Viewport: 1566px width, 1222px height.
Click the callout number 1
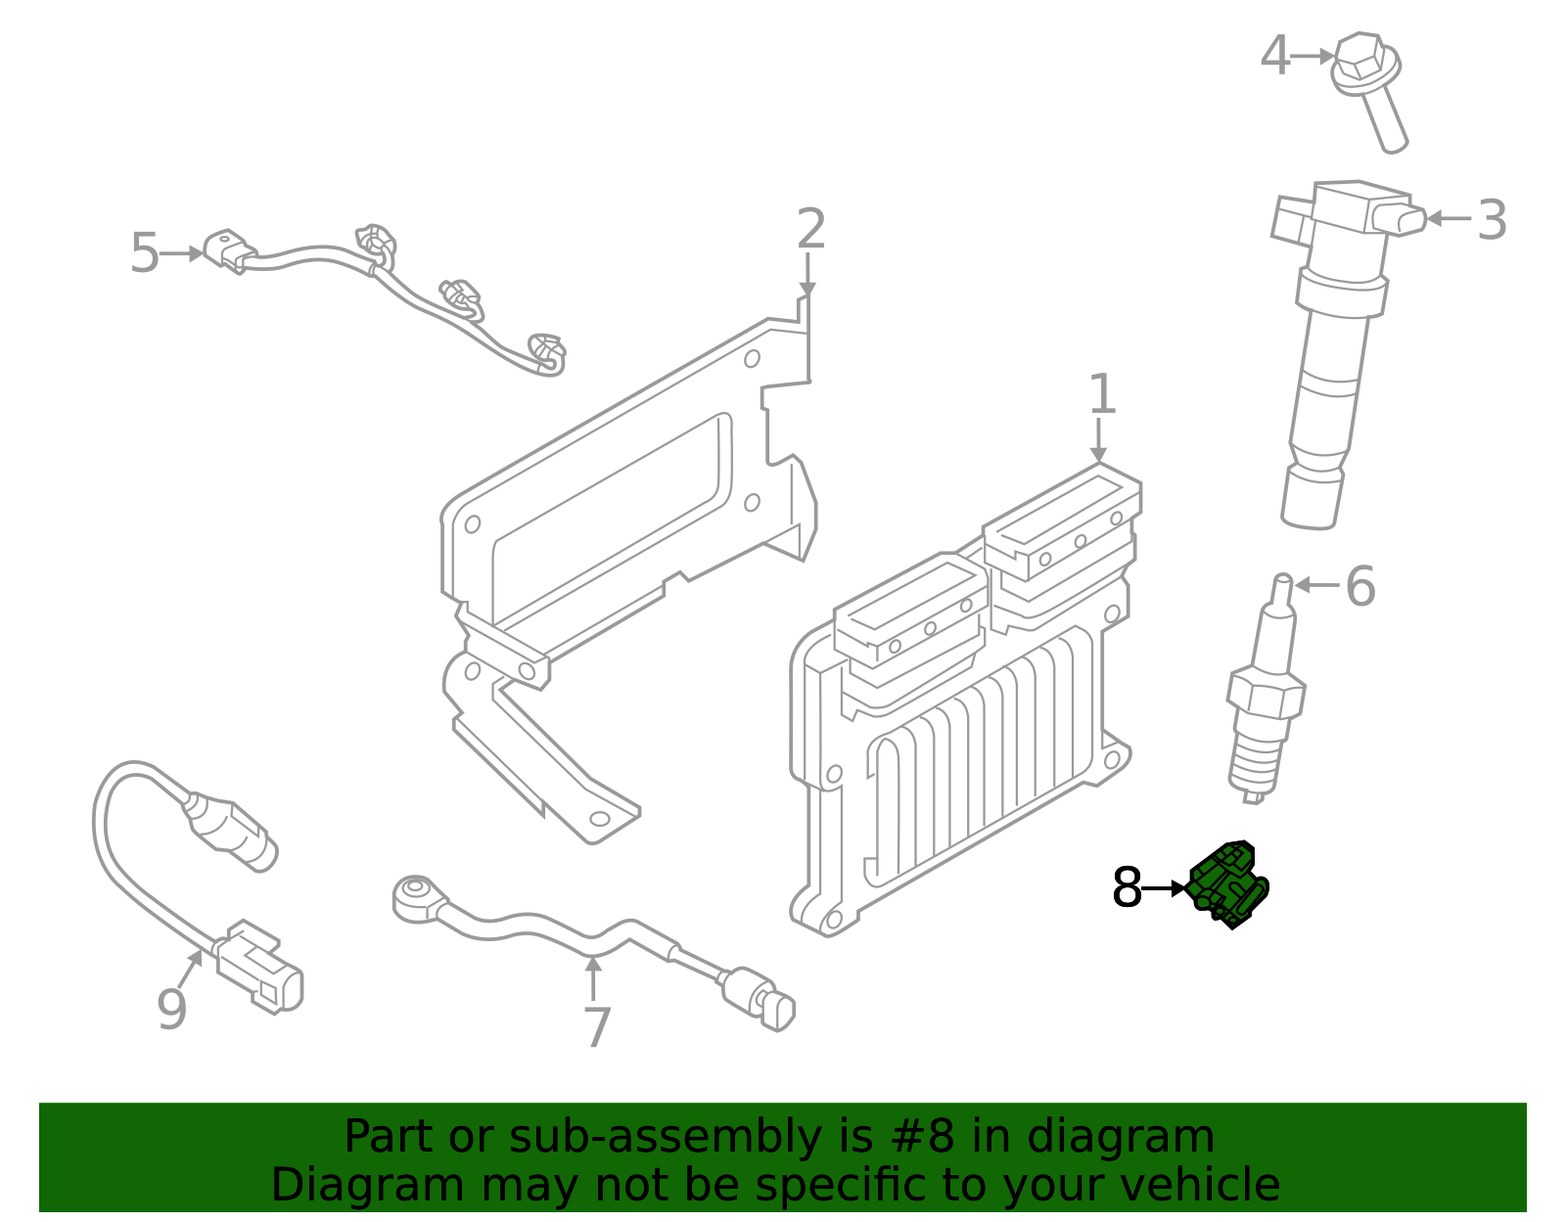tap(1102, 394)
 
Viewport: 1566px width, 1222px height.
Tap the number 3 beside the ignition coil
tap(1491, 220)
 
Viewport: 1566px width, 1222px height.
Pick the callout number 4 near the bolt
tap(1274, 56)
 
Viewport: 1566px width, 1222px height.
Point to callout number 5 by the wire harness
tap(144, 253)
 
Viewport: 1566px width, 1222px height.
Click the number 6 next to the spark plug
tap(1359, 586)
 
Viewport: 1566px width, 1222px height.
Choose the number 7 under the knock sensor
tap(596, 1027)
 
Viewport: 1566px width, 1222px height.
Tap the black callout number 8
tap(1127, 888)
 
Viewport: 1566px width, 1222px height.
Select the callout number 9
tap(171, 1010)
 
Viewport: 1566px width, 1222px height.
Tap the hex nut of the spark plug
tap(1266, 694)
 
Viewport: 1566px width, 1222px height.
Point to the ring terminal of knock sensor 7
tap(414, 895)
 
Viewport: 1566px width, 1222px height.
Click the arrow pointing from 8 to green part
tap(1165, 888)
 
